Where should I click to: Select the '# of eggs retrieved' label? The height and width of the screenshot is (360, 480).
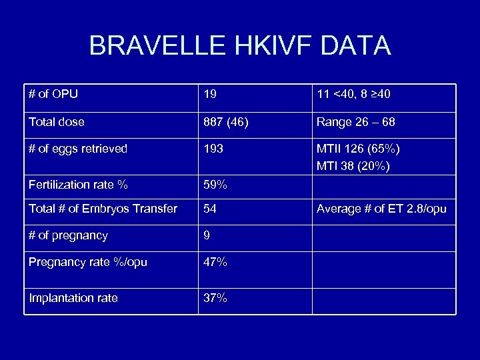pyautogui.click(x=78, y=149)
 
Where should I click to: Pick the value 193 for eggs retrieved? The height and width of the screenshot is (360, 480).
pyautogui.click(x=213, y=149)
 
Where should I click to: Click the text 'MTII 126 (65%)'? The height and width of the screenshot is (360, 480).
pyautogui.click(x=358, y=149)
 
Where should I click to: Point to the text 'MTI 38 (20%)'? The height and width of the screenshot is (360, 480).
pyautogui.click(x=353, y=165)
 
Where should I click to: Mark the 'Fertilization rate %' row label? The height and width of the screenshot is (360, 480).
pyautogui.click(x=78, y=184)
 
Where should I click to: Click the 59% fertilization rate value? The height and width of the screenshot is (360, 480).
pyautogui.click(x=215, y=184)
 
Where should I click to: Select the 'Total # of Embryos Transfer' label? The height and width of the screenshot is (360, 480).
pyautogui.click(x=103, y=209)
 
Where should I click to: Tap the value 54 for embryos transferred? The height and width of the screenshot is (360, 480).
pyautogui.click(x=210, y=209)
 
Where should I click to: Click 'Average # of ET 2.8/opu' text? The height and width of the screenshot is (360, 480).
pyautogui.click(x=381, y=209)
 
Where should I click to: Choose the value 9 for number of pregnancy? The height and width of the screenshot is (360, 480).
pyautogui.click(x=207, y=235)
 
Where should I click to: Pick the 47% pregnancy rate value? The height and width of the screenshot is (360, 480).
pyautogui.click(x=215, y=262)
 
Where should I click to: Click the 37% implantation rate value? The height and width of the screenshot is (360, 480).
pyautogui.click(x=215, y=298)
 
